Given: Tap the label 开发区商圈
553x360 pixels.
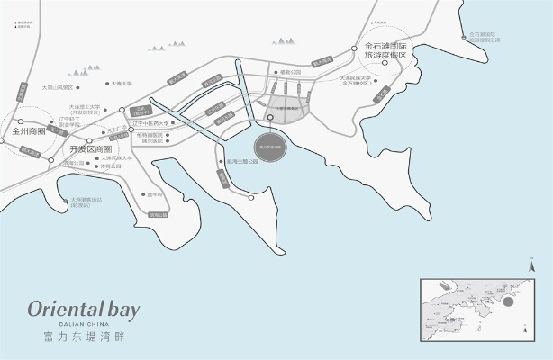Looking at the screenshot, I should click(x=90, y=148).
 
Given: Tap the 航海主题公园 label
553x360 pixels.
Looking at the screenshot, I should click(x=243, y=162).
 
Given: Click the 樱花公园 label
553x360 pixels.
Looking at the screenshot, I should click(x=289, y=71).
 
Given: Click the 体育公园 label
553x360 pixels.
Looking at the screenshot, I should click(x=111, y=166).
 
